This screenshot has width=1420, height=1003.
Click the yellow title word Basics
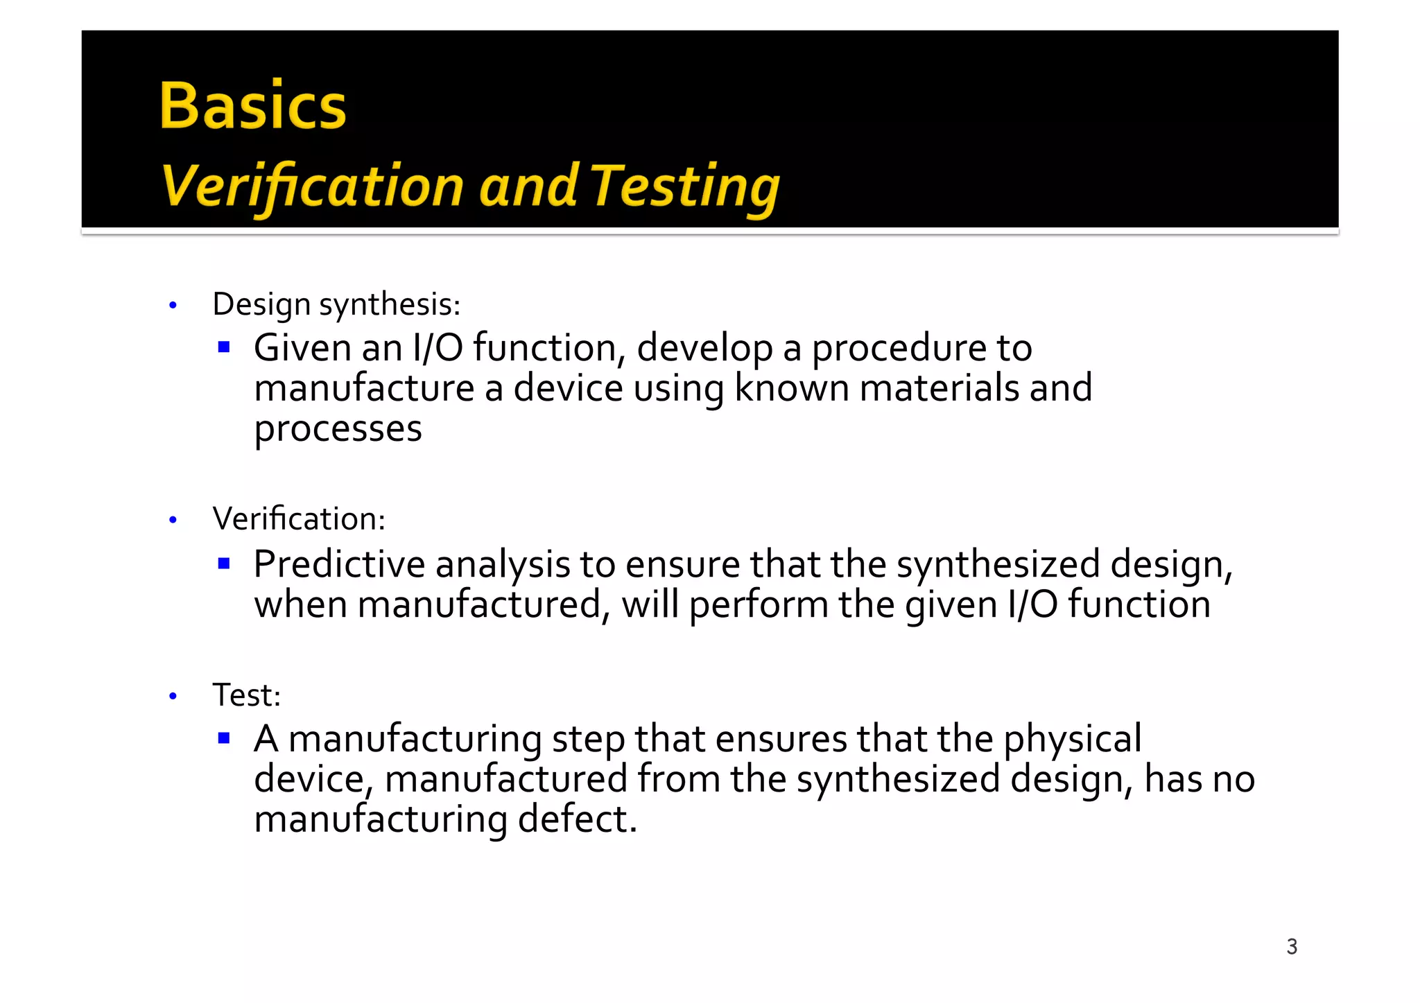click(253, 106)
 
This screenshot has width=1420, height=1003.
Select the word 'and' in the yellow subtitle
click(528, 186)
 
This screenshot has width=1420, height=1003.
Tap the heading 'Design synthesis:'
click(336, 304)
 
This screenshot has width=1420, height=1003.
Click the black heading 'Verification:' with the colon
click(299, 518)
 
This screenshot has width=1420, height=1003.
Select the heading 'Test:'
click(247, 695)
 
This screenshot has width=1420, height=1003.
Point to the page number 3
click(1292, 946)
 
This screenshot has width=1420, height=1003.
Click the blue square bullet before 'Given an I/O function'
click(223, 347)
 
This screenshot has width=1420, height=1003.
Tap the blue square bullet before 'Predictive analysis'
click(223, 564)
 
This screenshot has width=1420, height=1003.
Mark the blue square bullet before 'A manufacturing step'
click(223, 738)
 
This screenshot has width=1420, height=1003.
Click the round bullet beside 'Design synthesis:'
click(173, 306)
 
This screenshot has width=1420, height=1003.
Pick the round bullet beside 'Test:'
click(173, 696)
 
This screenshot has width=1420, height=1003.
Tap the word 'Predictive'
click(339, 564)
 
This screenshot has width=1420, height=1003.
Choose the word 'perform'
click(759, 605)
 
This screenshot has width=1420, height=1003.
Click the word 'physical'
click(1072, 740)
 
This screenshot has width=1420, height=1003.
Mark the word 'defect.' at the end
click(577, 819)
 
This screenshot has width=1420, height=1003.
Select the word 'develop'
click(704, 349)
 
